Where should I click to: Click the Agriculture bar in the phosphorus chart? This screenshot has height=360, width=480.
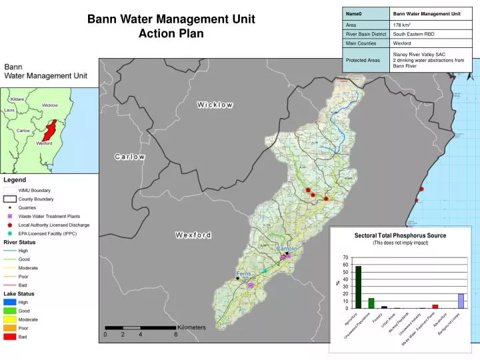coord(358,287)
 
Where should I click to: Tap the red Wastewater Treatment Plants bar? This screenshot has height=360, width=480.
coord(435,307)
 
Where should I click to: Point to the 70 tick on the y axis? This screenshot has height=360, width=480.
coord(345,257)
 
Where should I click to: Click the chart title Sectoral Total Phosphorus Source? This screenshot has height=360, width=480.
coord(400,235)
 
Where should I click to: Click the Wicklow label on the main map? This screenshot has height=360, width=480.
coord(215,105)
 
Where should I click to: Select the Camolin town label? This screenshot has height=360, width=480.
coord(287,249)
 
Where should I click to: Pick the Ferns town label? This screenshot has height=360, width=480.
coord(243,274)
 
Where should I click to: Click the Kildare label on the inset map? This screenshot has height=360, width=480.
coord(17,99)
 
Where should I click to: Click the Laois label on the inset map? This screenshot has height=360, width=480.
coord(9,110)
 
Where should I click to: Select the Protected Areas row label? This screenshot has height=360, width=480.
coord(364,60)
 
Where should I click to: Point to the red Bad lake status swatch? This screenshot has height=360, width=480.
coord(10,337)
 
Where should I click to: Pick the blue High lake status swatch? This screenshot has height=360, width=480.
coord(10,302)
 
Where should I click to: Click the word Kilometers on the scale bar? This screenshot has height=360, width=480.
coord(191,327)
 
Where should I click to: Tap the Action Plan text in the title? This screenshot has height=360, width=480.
coord(171,34)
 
